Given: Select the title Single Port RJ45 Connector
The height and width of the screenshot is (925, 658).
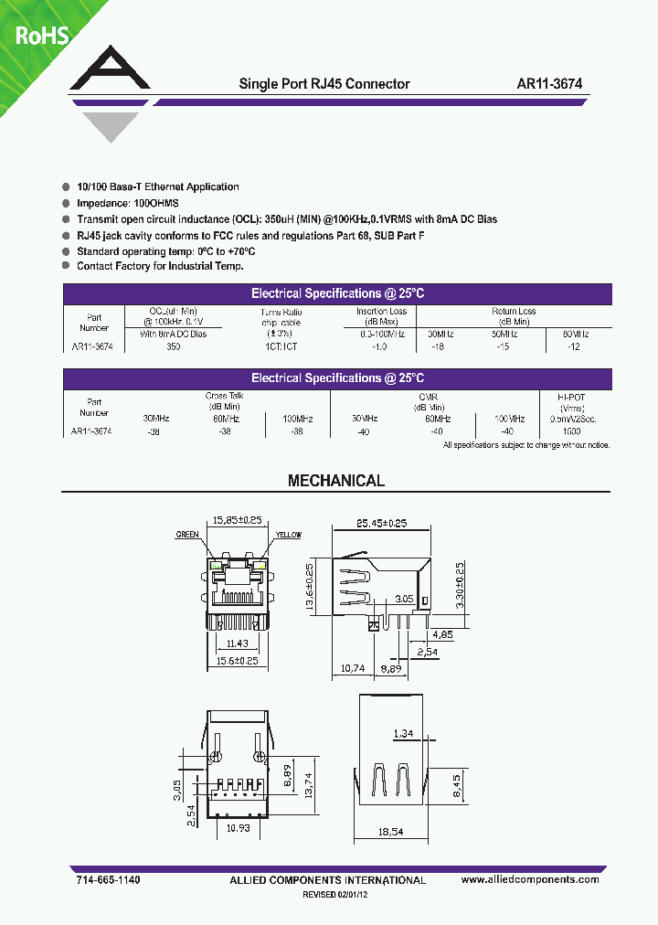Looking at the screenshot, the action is [324, 83].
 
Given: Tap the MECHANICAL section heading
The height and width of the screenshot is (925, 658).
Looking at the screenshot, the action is [336, 481].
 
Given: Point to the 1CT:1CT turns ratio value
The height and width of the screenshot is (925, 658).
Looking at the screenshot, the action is [280, 347].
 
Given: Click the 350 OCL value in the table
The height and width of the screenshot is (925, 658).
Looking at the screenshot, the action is [174, 347].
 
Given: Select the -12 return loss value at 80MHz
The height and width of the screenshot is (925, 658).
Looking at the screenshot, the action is [572, 347].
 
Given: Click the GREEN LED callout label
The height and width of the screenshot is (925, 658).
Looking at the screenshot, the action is [188, 535].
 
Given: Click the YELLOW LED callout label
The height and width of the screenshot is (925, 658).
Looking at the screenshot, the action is [288, 535].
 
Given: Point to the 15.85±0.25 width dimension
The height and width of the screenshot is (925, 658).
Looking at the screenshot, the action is [237, 520].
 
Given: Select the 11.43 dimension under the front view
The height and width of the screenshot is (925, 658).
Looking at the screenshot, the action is [237, 643].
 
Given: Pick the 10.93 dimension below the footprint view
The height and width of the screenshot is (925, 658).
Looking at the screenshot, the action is [239, 829].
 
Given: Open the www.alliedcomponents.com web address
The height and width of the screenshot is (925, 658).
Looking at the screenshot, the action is [530, 879].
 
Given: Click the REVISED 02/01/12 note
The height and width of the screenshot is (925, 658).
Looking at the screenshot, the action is [335, 896].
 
